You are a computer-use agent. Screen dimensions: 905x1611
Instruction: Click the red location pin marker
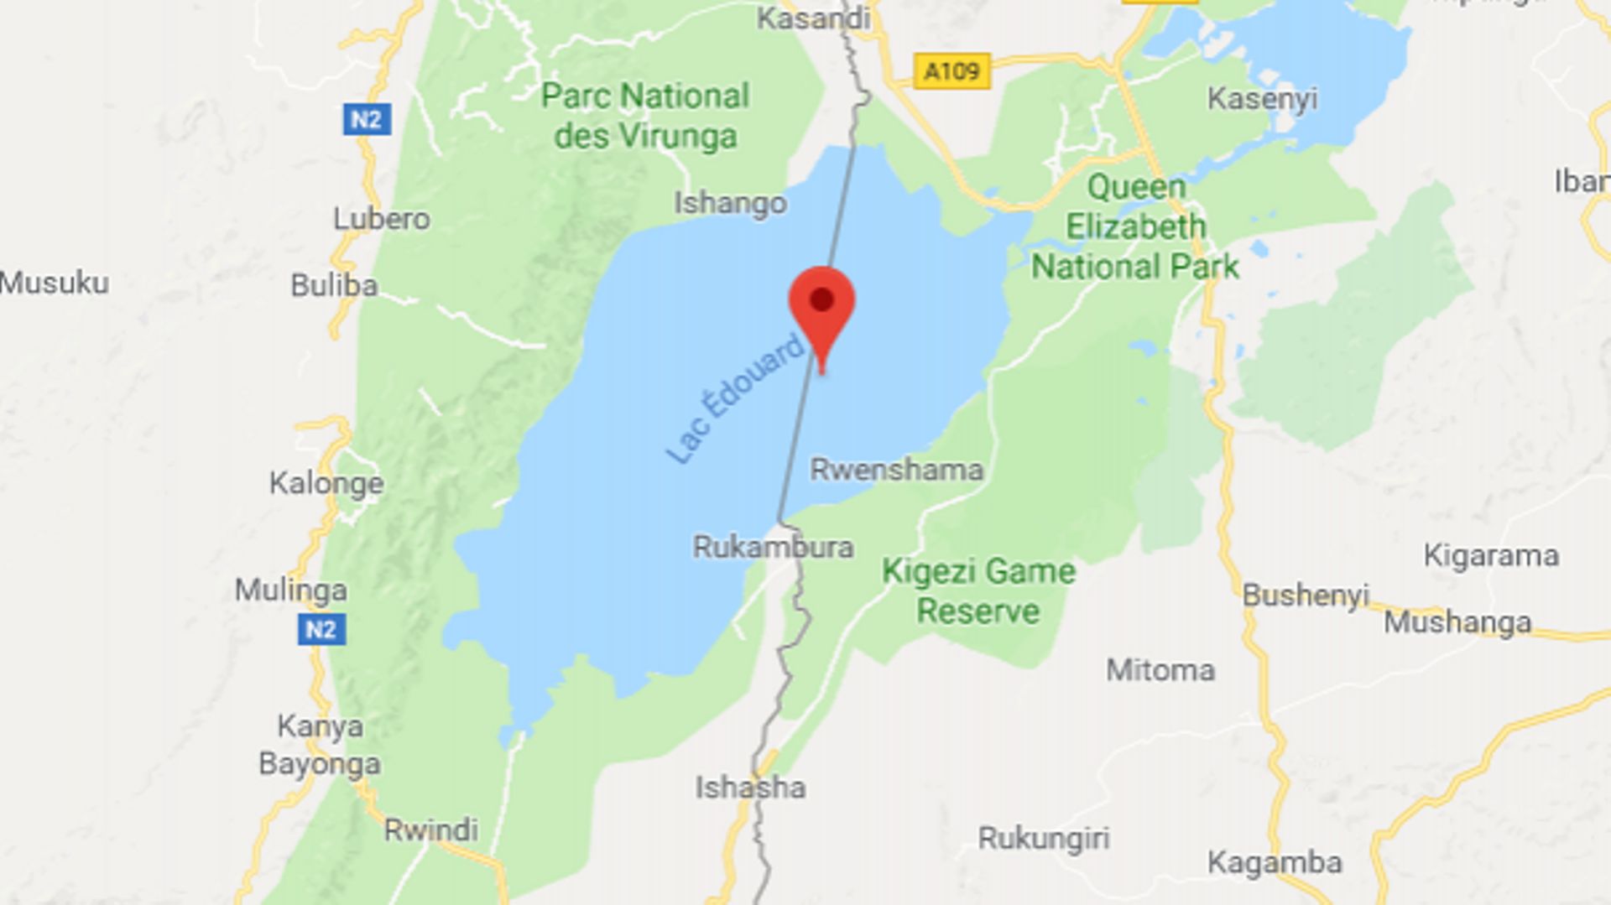click(x=821, y=307)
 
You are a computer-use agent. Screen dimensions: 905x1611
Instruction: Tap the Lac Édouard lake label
click(x=735, y=400)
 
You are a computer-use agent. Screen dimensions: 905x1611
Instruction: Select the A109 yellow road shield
click(x=951, y=71)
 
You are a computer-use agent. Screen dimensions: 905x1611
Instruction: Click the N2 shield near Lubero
click(x=367, y=119)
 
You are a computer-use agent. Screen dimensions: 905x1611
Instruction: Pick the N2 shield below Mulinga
click(x=321, y=629)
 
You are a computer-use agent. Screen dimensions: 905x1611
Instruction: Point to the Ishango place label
click(x=730, y=203)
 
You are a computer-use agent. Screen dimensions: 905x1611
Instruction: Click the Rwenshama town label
click(x=896, y=469)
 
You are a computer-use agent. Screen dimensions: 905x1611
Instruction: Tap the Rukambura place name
click(x=773, y=547)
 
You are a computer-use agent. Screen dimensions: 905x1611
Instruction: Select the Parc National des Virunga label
click(x=644, y=116)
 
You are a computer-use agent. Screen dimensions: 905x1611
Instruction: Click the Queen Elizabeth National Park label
click(x=1135, y=226)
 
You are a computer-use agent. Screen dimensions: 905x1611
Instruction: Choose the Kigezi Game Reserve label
click(x=978, y=590)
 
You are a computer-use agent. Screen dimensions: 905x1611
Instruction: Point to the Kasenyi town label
click(x=1262, y=99)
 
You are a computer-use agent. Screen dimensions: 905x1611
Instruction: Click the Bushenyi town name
click(x=1305, y=595)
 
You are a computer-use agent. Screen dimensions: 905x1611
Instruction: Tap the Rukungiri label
click(x=1043, y=838)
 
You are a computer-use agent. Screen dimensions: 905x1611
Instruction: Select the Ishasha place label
click(x=750, y=787)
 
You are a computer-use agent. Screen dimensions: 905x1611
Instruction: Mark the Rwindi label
click(x=430, y=830)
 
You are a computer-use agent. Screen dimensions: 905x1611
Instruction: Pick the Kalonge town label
click(x=326, y=483)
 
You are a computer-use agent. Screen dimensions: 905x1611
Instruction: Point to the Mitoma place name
click(x=1160, y=669)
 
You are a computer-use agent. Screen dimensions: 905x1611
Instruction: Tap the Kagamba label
click(x=1275, y=862)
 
